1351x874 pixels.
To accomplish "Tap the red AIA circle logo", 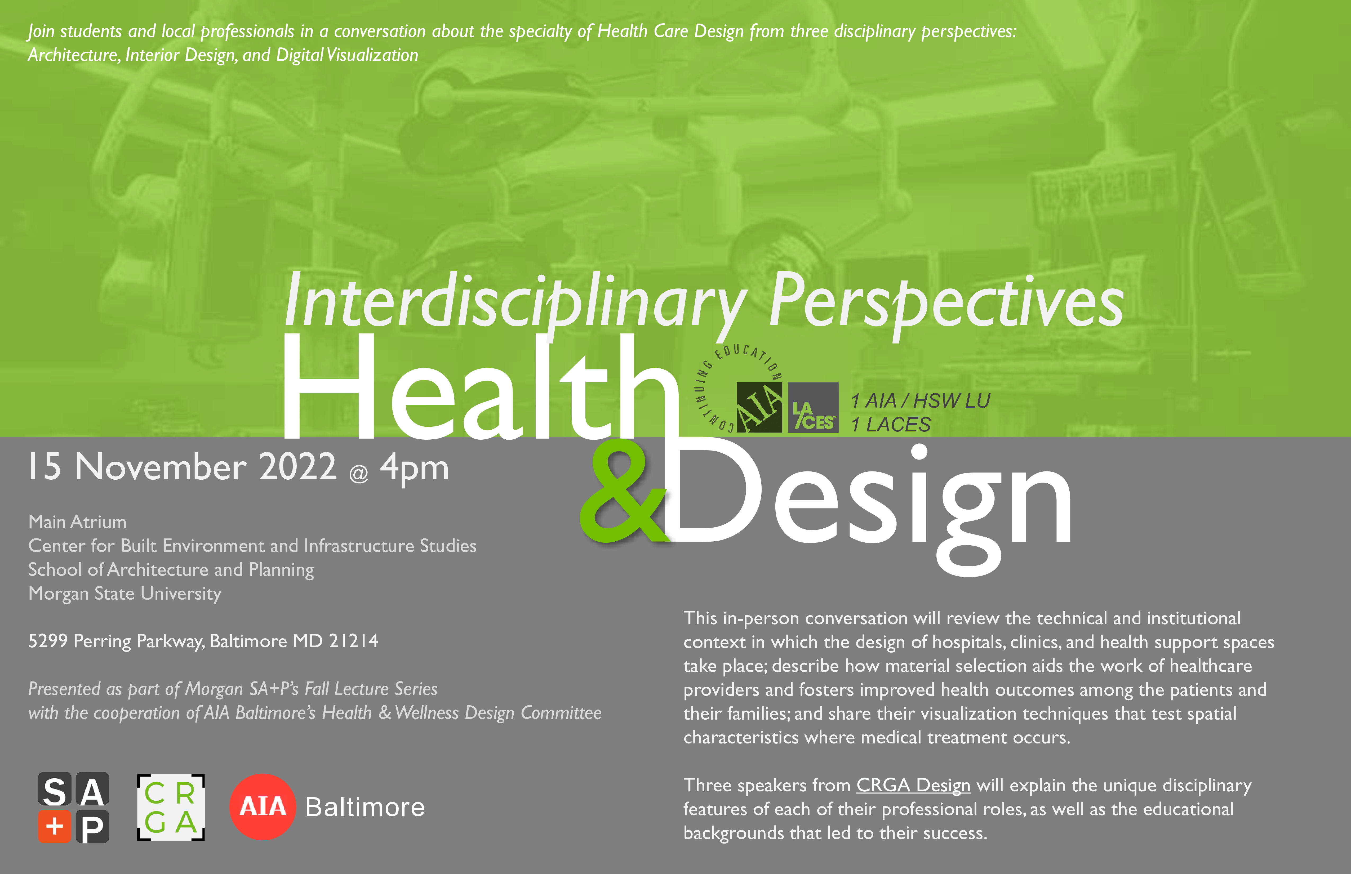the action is pyautogui.click(x=262, y=806).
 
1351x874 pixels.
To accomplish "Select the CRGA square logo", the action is pyautogui.click(x=171, y=807).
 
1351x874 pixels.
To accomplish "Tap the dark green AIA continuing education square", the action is pyautogui.click(x=759, y=408).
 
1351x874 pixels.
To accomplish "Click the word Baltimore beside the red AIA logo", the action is pyautogui.click(x=365, y=807).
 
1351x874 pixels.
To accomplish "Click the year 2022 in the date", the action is pyautogui.click(x=298, y=466).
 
